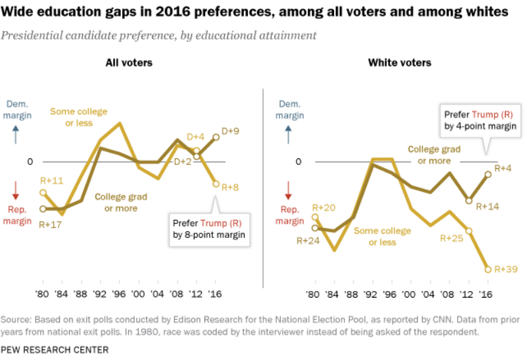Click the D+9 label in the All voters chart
(230, 131)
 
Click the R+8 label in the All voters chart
(229, 187)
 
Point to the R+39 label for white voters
(505, 269)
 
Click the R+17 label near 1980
(51, 224)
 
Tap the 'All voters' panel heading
(129, 63)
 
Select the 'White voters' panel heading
(400, 63)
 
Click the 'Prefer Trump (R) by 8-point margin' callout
(210, 228)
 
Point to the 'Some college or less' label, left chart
(79, 118)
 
